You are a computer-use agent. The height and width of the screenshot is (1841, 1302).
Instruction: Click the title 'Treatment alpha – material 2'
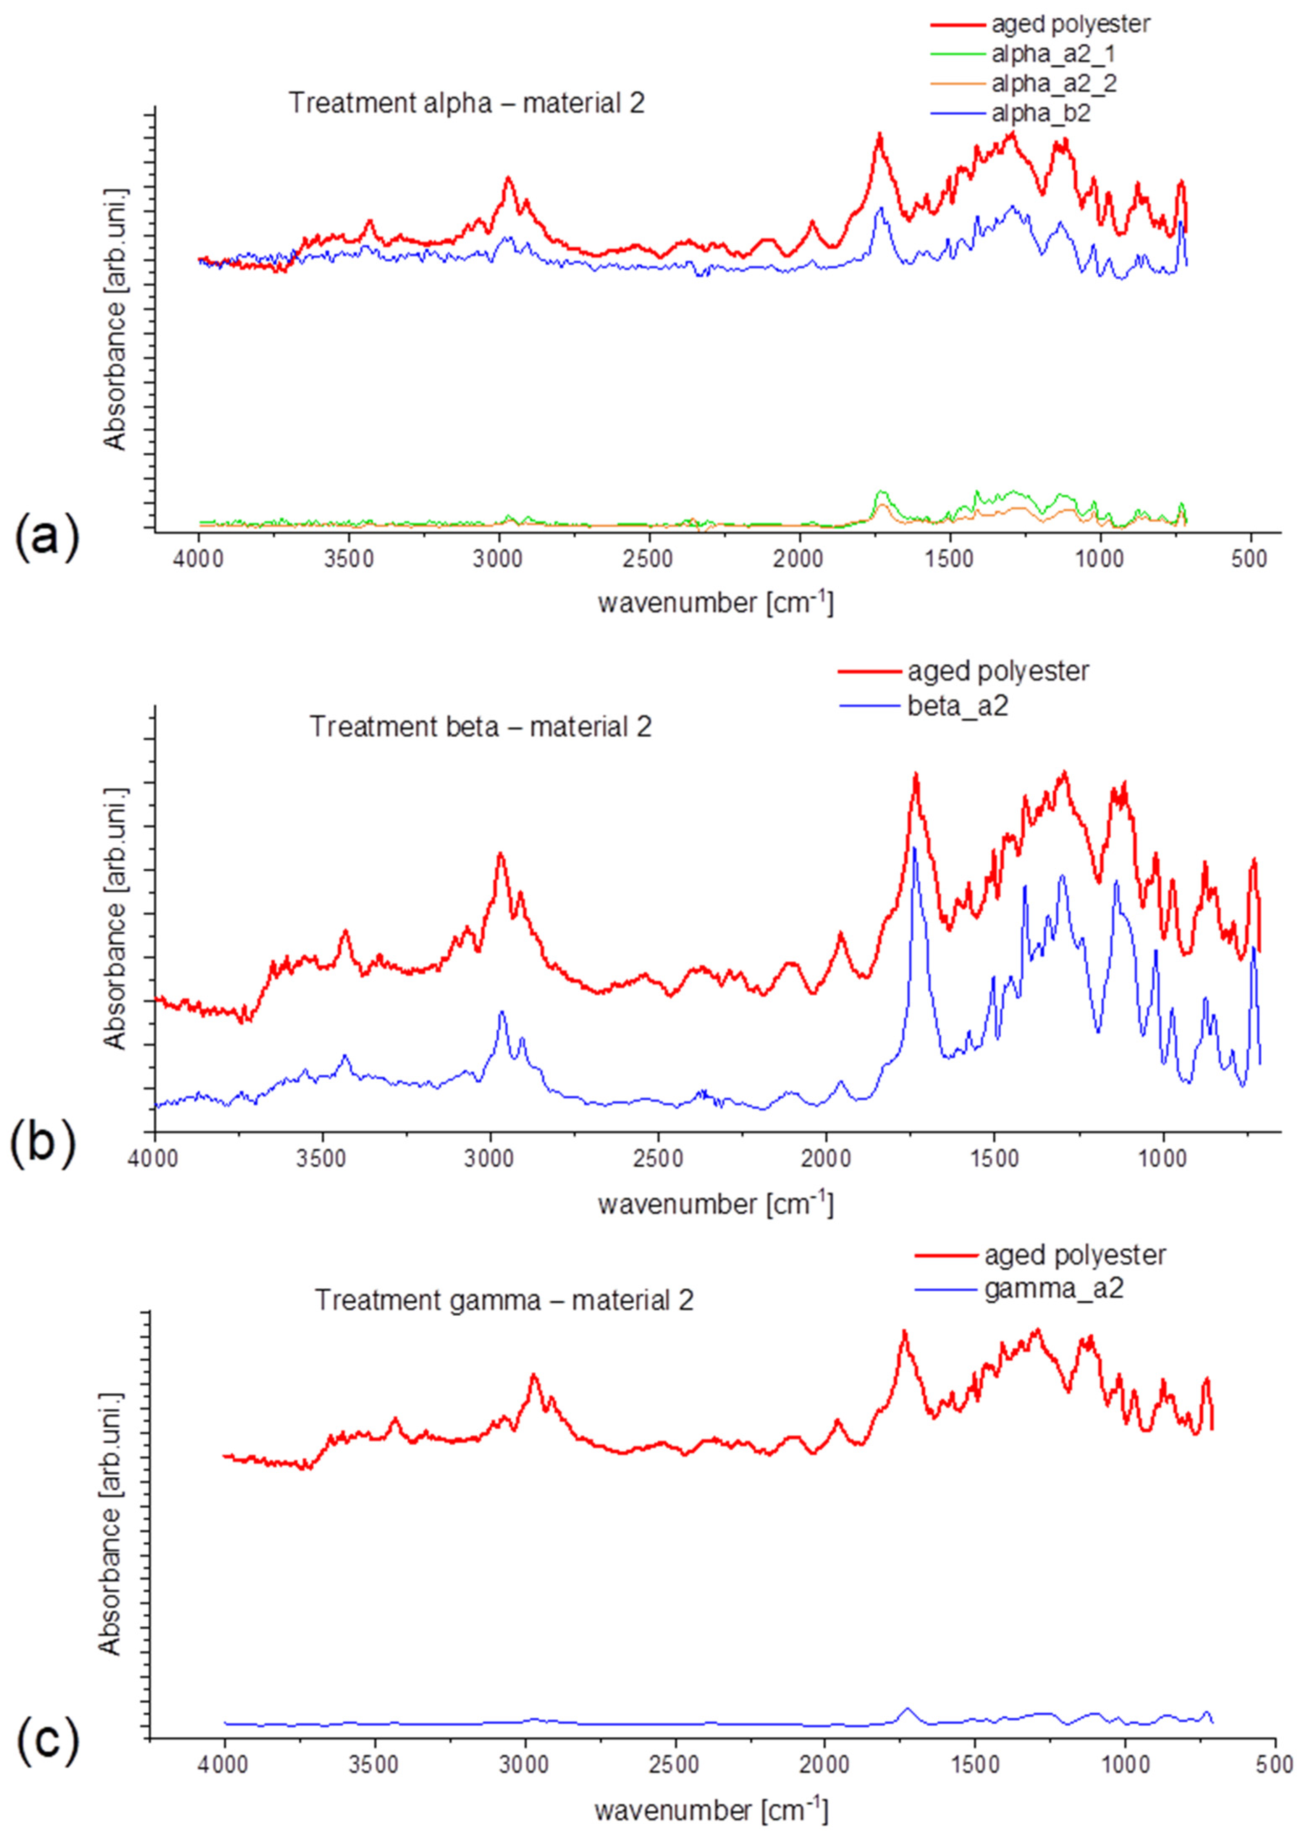[x=467, y=103]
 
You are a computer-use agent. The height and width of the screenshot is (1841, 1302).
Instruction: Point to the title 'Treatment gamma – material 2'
[x=504, y=1299]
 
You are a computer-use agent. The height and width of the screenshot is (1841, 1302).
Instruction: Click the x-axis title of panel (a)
[x=715, y=601]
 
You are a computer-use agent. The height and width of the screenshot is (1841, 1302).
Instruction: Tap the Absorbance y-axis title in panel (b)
[x=116, y=916]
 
